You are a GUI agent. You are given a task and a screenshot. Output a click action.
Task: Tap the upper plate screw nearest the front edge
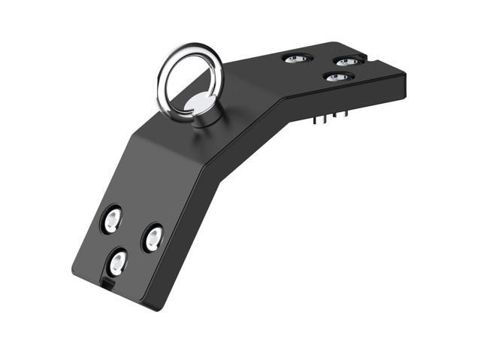click(x=337, y=77)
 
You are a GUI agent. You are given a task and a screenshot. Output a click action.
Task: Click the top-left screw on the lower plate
click(x=112, y=220)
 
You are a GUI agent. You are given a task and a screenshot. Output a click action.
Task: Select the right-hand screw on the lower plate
click(x=153, y=238)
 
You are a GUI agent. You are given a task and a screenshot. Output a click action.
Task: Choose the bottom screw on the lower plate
click(x=118, y=262)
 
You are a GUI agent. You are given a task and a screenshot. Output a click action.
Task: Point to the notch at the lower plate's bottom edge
click(x=107, y=284)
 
